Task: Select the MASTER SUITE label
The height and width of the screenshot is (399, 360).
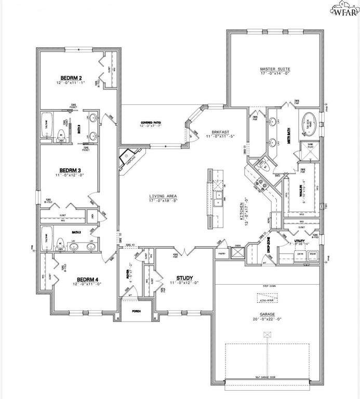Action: point(275,69)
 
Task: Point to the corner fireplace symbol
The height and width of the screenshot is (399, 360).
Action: point(126,156)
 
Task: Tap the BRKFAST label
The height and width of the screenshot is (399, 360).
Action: point(217,132)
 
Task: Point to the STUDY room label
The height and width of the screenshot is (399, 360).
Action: point(184,278)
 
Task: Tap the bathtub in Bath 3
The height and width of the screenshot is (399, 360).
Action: point(47,125)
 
